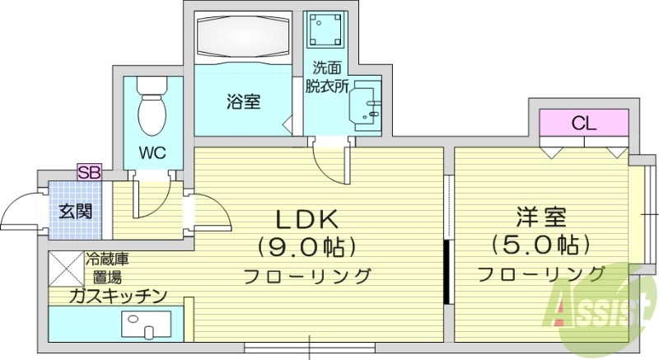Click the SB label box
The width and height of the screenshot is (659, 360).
click(x=88, y=172)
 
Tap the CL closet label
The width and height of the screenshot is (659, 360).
click(x=584, y=124)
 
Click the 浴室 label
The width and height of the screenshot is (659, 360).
click(x=244, y=102)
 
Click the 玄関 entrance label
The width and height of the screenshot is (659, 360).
click(x=75, y=212)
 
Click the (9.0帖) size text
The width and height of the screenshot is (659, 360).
click(x=306, y=245)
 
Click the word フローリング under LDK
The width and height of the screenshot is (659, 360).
click(x=306, y=274)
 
